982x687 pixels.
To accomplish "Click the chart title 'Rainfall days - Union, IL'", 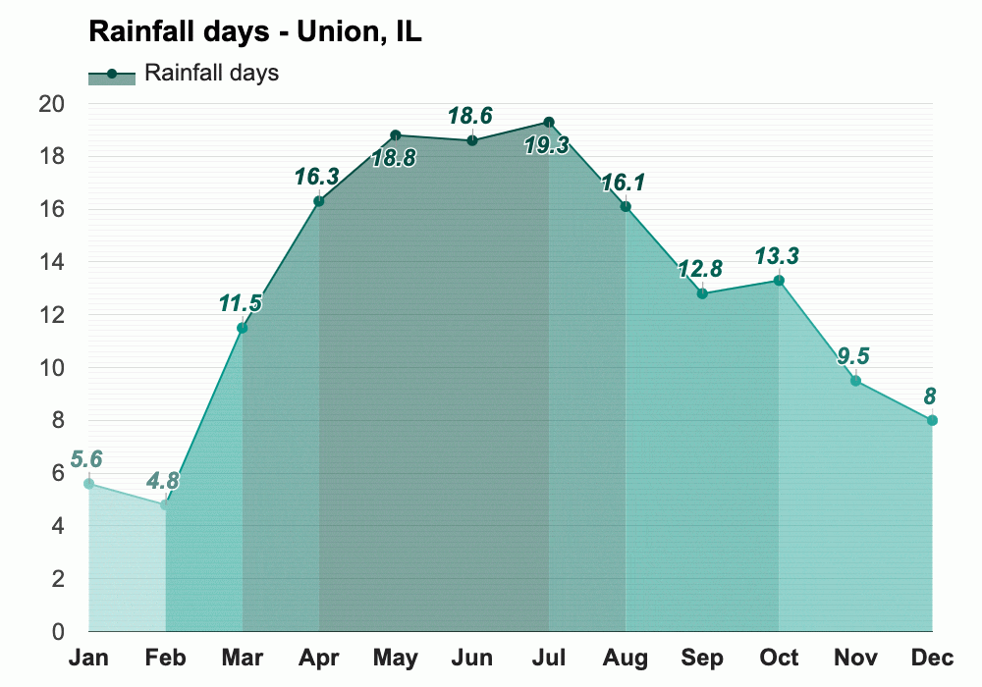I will (x=255, y=31).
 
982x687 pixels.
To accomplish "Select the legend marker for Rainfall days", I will (x=112, y=74).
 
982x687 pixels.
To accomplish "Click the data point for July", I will (x=549, y=123).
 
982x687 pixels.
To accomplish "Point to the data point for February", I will (x=165, y=504).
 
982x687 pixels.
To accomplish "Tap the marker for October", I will (x=779, y=281).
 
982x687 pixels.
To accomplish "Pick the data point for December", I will (x=932, y=420).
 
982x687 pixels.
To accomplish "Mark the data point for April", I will (x=319, y=201).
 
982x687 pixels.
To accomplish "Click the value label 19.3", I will (x=548, y=146).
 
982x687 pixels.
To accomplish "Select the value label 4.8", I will (x=164, y=482).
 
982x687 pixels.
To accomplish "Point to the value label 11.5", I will (x=241, y=303).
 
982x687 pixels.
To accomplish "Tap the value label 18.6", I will (x=472, y=116).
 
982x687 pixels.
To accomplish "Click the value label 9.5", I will (x=853, y=356).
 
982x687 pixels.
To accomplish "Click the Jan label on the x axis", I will (x=88, y=658).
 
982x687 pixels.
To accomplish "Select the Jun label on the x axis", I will (x=472, y=658).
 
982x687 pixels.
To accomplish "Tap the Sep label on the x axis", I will (x=702, y=658).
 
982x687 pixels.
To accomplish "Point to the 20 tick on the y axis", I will (x=52, y=104).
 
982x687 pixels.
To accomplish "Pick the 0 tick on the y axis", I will (x=58, y=632).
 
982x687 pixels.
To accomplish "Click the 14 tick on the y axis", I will (x=52, y=262).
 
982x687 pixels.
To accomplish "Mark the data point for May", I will (x=396, y=135).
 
